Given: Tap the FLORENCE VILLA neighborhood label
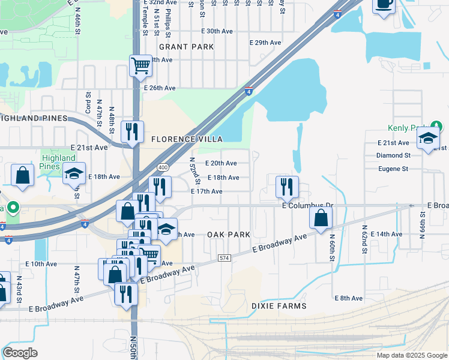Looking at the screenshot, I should [x=182, y=139].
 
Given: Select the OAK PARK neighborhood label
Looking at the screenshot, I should [x=228, y=234].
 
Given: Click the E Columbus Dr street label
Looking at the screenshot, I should [x=307, y=206].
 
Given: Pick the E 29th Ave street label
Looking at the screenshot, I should [x=265, y=43].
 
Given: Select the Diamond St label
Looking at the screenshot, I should [x=393, y=155].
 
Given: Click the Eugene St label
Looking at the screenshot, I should [x=393, y=169].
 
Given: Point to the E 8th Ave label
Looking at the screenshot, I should [x=349, y=298].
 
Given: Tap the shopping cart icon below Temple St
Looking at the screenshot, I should [x=140, y=65].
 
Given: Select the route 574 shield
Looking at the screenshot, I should [x=224, y=257].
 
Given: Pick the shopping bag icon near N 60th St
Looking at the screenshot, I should [x=321, y=218].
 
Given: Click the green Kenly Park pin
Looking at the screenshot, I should [x=438, y=127].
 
